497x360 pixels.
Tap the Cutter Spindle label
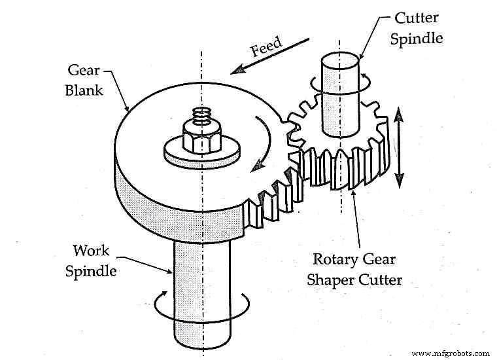tap(416, 27)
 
